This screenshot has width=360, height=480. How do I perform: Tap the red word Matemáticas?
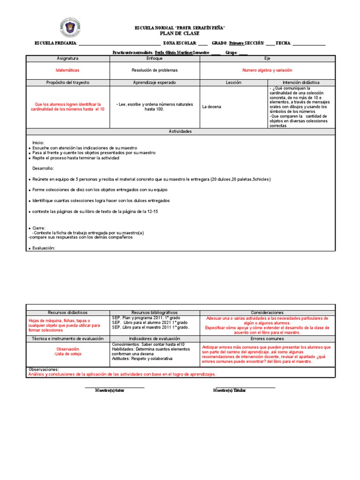[x=68, y=70]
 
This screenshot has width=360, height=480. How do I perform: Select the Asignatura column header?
[x=68, y=59]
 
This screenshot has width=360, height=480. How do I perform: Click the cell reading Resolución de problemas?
[x=155, y=70]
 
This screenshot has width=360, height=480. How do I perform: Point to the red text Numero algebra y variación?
[x=267, y=70]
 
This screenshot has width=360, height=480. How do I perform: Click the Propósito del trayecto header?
[x=68, y=82]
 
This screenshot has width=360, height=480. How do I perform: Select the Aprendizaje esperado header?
[x=155, y=82]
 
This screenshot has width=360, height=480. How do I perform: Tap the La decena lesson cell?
[x=211, y=107]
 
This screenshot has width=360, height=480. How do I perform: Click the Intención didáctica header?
[x=301, y=82]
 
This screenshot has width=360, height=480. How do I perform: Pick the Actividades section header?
[x=180, y=132]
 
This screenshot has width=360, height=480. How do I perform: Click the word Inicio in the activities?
[x=38, y=142]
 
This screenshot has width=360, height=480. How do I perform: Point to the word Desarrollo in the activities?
[x=43, y=168]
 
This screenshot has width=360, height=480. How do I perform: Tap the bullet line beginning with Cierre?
[x=38, y=228]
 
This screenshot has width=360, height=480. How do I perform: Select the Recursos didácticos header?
[x=68, y=313]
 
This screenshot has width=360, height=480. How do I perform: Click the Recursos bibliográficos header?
[x=155, y=313]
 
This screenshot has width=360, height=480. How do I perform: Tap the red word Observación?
[x=68, y=349]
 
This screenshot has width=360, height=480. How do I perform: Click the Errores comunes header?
[x=267, y=338]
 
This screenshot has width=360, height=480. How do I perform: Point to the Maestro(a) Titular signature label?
[x=229, y=390]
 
